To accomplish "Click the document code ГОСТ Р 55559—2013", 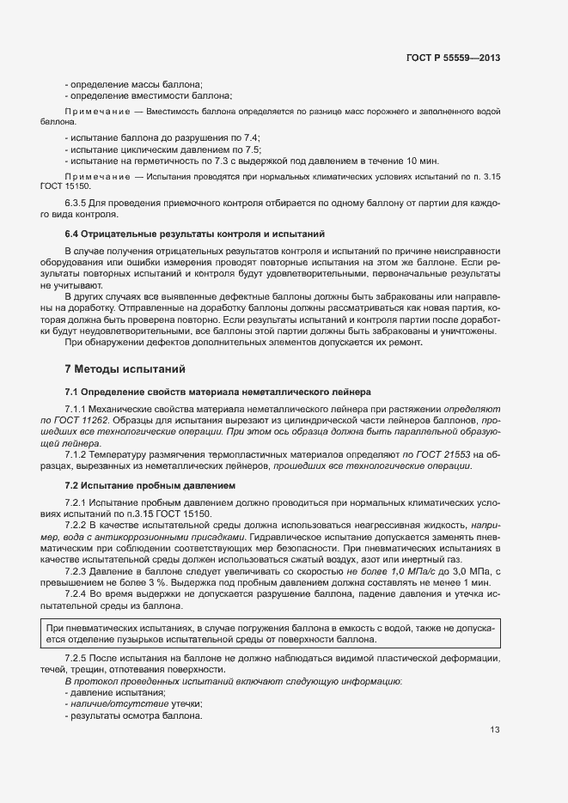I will click(453, 58).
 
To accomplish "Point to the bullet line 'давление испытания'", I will click(117, 692).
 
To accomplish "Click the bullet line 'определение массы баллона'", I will click(133, 83).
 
